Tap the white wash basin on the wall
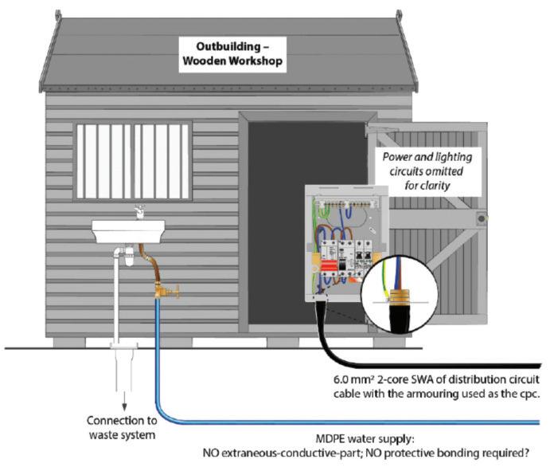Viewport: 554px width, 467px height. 128,231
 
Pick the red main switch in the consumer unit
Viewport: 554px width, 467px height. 327,265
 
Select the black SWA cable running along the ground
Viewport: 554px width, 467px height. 446,363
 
